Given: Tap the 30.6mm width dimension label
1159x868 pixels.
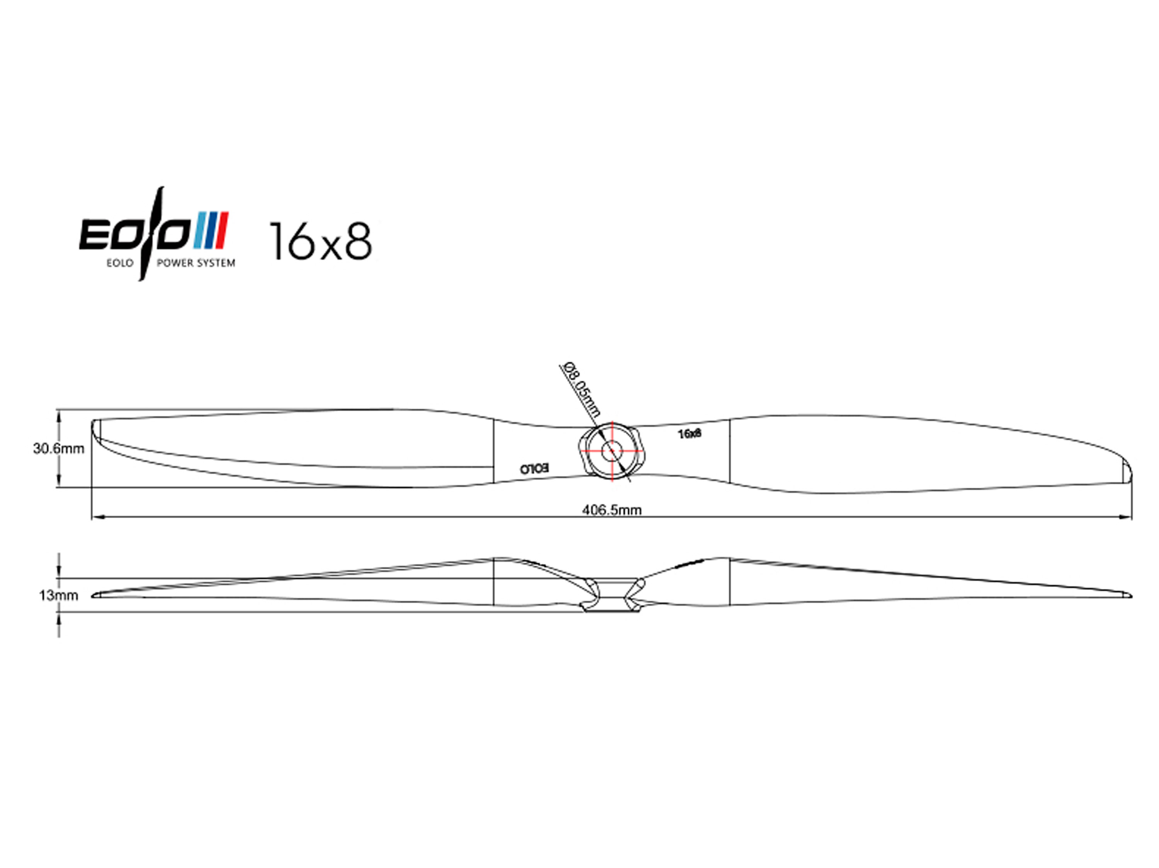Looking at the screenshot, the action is click(59, 449).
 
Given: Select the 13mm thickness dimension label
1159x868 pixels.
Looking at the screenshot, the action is click(58, 595).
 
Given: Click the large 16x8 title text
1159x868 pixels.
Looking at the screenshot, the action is click(320, 241).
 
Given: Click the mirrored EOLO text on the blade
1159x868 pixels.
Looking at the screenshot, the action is click(534, 468).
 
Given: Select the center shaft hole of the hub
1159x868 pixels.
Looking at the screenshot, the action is click(611, 450).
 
